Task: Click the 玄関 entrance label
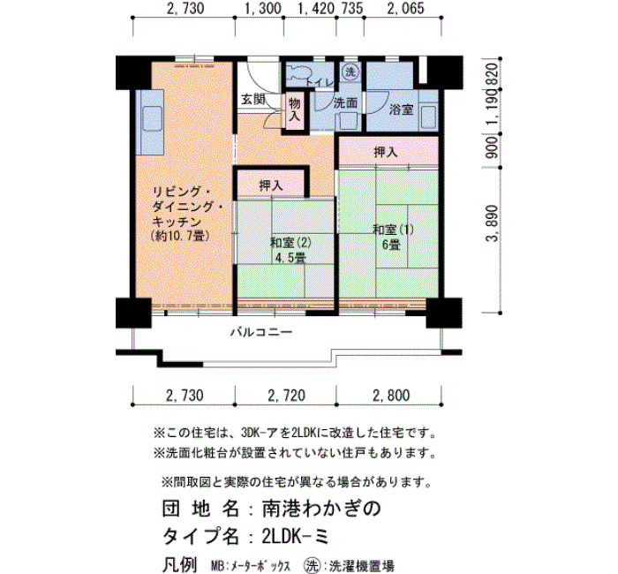pos(253,99)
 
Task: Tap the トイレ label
pos(320,83)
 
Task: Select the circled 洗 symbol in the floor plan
pos(350,72)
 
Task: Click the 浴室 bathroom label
pos(401,110)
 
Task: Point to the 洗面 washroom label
pos(345,103)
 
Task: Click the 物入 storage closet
pos(295,110)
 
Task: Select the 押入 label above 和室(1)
pos(386,152)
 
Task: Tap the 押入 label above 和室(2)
pos(271,185)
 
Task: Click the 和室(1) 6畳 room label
pos(393,237)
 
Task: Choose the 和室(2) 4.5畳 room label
pos(290,250)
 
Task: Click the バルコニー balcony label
pos(261,332)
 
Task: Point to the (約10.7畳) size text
pos(179,236)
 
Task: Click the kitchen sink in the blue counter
pos(153,118)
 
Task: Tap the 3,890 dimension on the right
pos(493,223)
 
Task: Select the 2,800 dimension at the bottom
pos(391,395)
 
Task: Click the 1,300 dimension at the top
pos(263,8)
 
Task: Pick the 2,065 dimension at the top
pos(405,8)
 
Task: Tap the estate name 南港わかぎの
pos(321,509)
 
